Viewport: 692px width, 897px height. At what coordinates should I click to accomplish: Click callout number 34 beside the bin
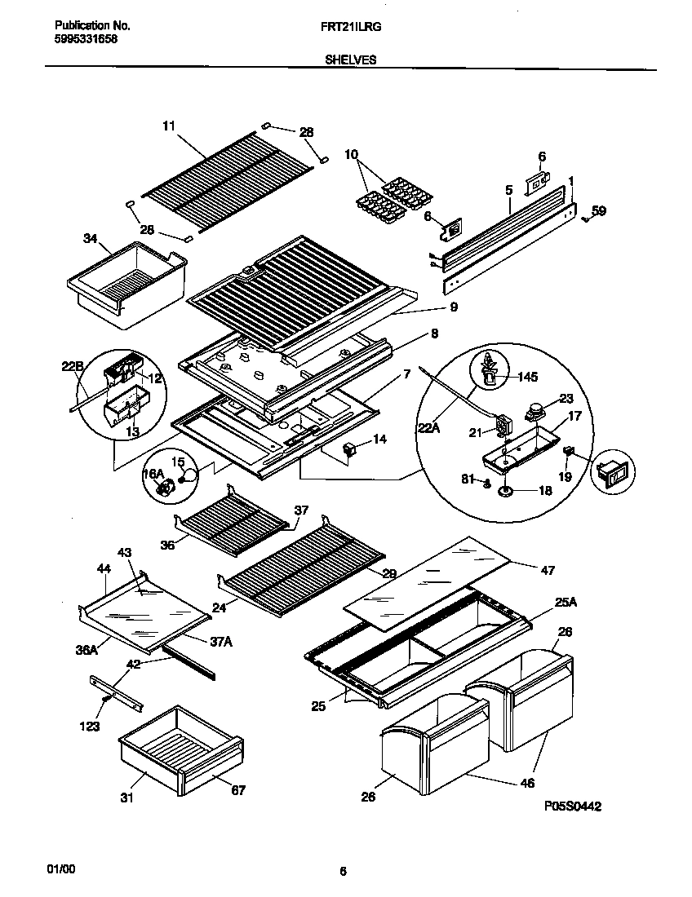tap(91, 238)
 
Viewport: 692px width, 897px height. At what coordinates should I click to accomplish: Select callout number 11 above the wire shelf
tap(168, 126)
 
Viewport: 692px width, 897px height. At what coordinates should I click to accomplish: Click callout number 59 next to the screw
tap(599, 211)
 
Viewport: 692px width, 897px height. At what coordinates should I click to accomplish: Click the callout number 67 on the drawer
tap(237, 789)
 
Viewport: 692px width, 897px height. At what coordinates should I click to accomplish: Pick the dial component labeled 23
tap(535, 411)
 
